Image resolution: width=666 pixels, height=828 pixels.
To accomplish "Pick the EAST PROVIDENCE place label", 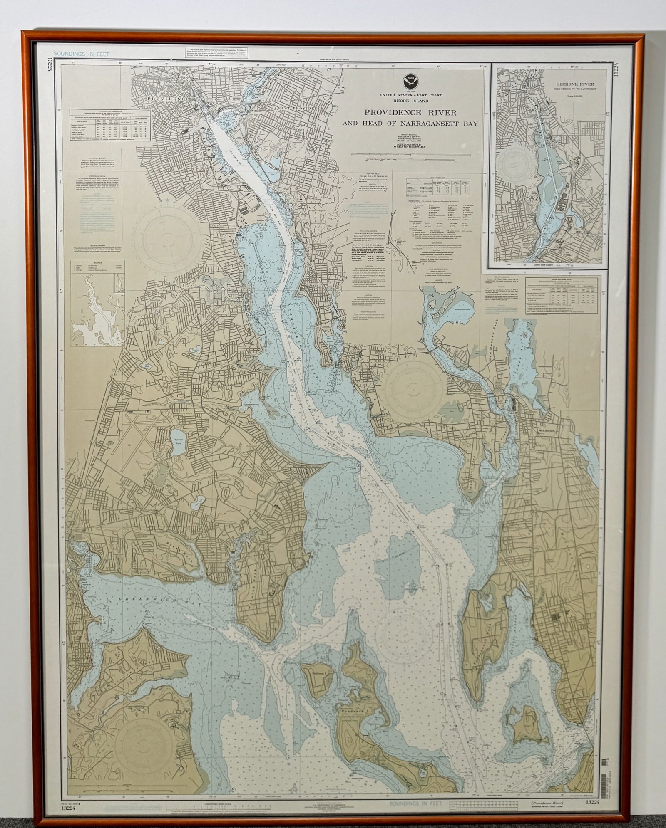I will click(301, 108).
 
